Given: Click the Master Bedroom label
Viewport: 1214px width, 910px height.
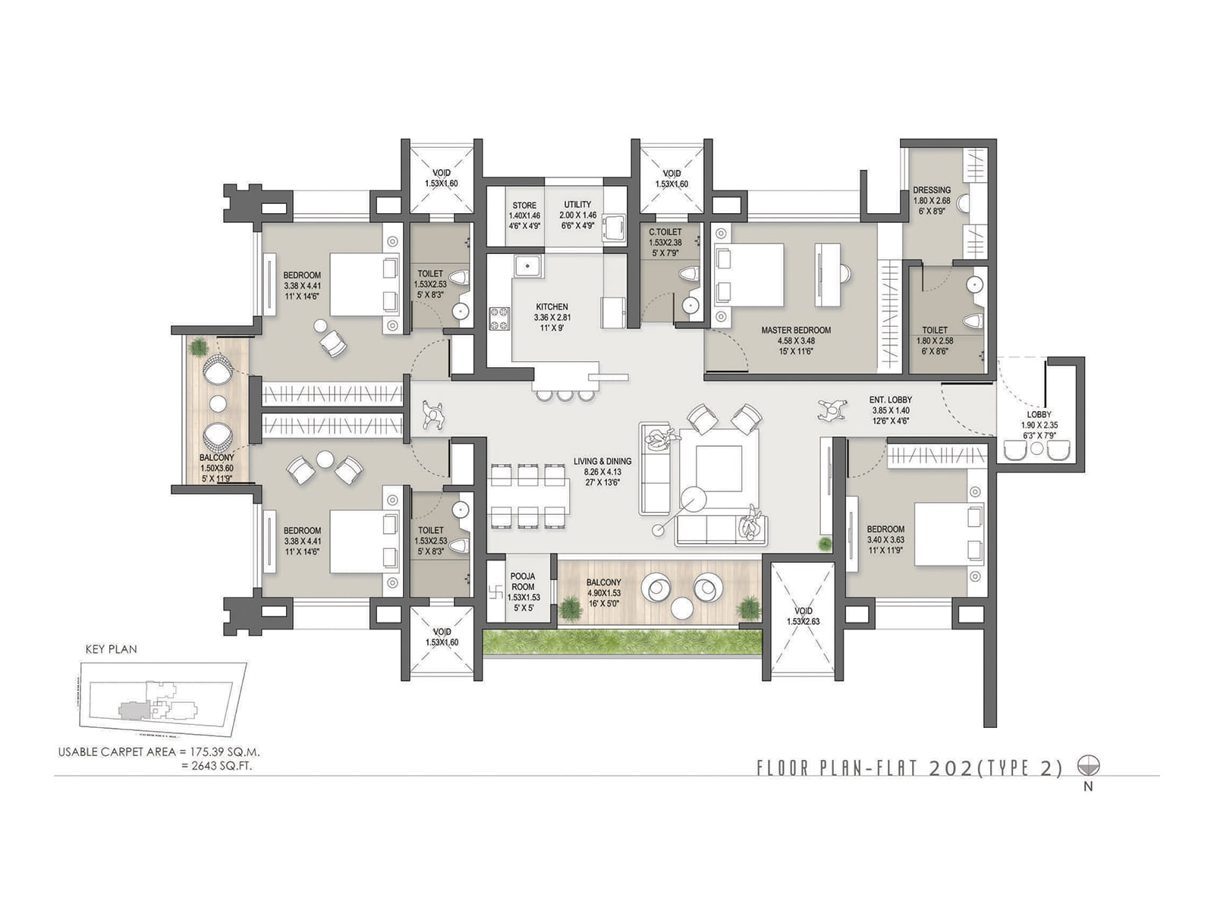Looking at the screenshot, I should coord(796,330).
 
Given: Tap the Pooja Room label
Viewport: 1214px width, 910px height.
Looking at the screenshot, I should coord(522,581).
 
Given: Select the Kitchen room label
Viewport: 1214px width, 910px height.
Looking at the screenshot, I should coord(552,307).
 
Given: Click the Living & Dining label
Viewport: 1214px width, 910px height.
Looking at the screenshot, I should coord(602,461).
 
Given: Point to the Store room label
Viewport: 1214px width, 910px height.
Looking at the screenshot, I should coord(524,206).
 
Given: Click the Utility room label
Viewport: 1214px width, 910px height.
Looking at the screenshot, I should coord(577,205).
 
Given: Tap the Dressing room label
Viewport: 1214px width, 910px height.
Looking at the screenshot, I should coord(932,190).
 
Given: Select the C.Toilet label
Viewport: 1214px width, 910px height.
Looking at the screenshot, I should coord(665,232).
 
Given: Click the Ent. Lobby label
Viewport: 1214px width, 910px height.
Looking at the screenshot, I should coord(890,400).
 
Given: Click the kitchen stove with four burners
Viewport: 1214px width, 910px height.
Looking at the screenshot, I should coord(499,318).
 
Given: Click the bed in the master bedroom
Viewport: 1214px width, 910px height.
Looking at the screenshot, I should coord(749,275).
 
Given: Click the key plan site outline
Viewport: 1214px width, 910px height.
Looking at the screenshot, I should coord(163,698).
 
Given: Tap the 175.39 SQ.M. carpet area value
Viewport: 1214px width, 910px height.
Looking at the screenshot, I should coord(222,752).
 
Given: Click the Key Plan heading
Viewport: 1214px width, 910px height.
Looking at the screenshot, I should coord(111,649).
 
